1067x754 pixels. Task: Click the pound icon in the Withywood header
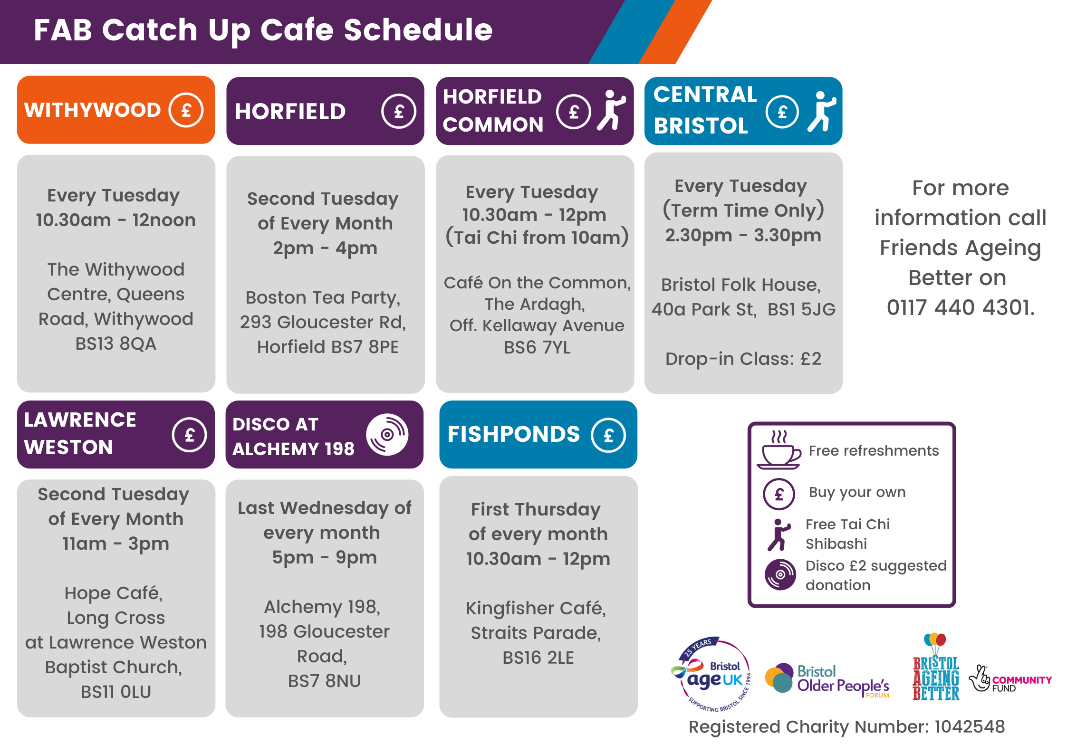(186, 110)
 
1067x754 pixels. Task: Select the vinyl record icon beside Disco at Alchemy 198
(387, 434)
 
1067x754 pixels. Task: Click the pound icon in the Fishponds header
(608, 435)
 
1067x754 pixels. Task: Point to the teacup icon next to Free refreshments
(779, 450)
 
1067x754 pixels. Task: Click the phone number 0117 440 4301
(961, 307)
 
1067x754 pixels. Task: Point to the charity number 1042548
(970, 726)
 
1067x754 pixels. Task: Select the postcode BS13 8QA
(116, 344)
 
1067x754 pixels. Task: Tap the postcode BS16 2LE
(538, 658)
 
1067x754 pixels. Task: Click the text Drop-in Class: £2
(743, 359)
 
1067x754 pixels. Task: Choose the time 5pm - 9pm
(325, 557)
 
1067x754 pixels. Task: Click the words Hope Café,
(114, 593)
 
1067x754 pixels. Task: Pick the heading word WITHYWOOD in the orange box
(93, 110)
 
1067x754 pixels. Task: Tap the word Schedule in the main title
(418, 30)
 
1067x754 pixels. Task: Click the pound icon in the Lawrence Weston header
(189, 435)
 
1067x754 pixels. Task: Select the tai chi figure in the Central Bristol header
(821, 111)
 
